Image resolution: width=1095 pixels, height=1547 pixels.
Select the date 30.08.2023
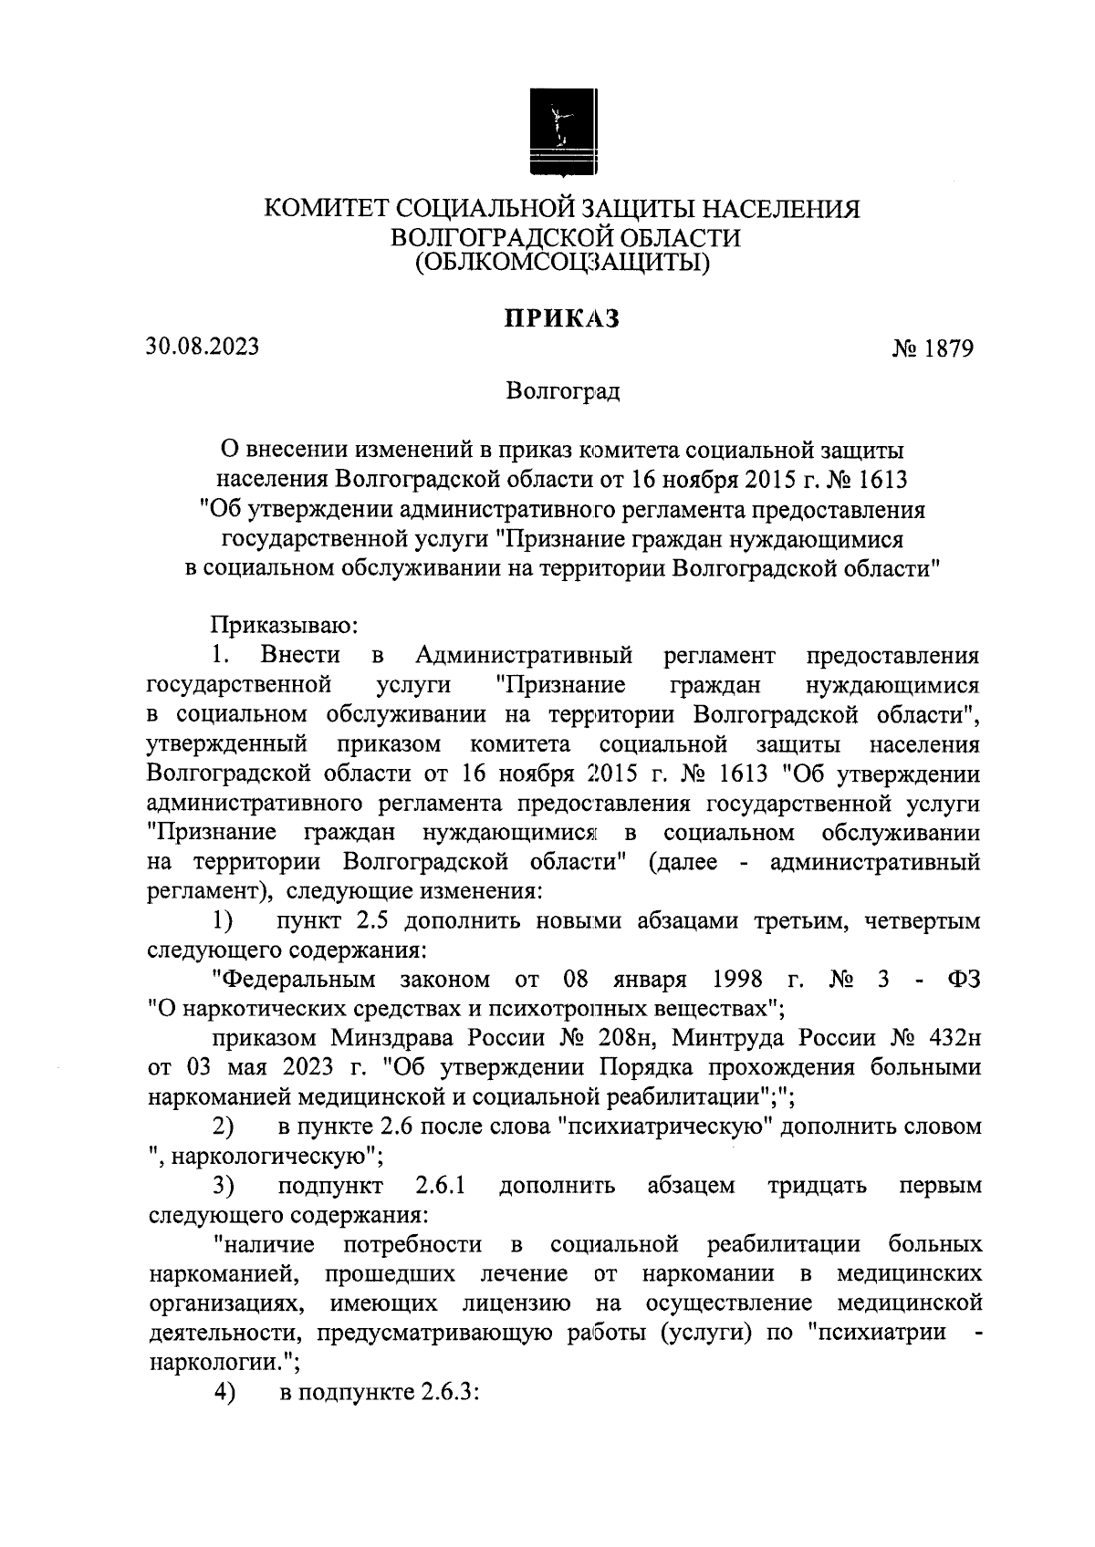[x=202, y=347]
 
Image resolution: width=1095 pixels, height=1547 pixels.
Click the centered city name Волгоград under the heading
[x=562, y=392]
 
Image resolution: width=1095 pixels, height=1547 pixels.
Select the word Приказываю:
[x=288, y=626]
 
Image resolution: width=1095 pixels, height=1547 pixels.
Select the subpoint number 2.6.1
[x=442, y=1186]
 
